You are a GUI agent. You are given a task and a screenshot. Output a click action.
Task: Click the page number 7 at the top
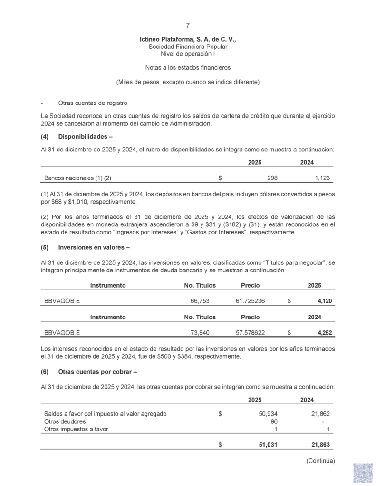coord(188,25)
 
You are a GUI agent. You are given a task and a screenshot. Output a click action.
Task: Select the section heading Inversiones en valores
coord(91,247)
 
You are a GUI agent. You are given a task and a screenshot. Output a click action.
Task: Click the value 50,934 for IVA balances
coord(268,414)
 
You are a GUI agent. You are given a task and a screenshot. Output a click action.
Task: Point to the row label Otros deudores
coord(65,421)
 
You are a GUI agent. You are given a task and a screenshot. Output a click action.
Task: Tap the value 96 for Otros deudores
coord(274,421)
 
